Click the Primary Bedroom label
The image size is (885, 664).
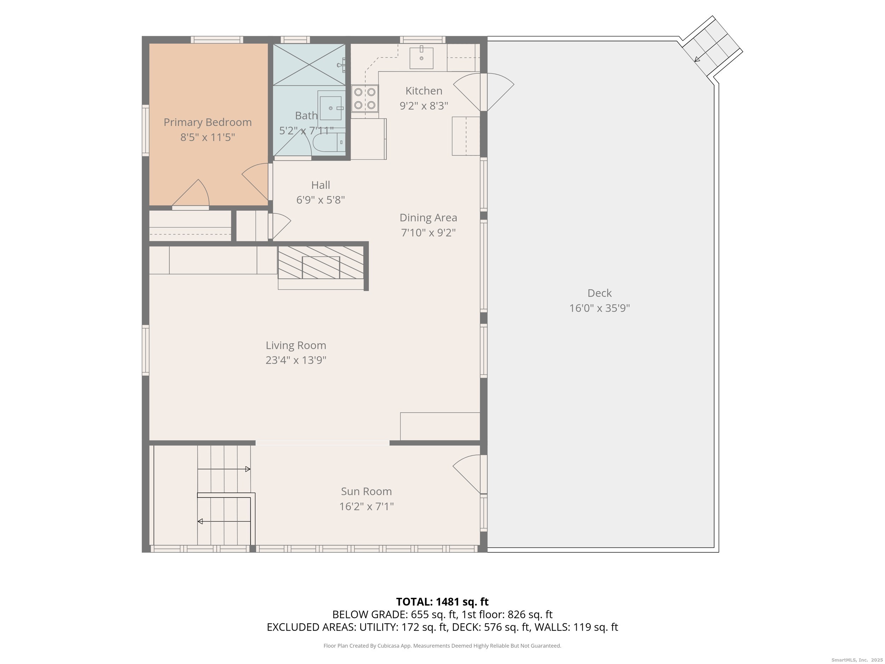point(208,123)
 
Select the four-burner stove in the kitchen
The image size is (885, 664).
point(365,98)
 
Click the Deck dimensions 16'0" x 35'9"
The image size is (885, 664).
point(599,308)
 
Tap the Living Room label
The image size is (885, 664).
point(296,345)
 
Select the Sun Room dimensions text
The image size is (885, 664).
point(366,507)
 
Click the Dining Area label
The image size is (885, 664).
point(428,218)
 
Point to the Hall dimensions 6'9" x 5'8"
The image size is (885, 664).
point(320,200)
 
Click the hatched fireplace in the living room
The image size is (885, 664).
point(321,262)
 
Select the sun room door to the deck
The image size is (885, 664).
point(466,474)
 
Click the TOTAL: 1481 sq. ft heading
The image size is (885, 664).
point(442,602)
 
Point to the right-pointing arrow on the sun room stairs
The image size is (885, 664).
point(224,469)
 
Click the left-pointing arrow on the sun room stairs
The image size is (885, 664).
point(224,522)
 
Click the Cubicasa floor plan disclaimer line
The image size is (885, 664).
point(442,646)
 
